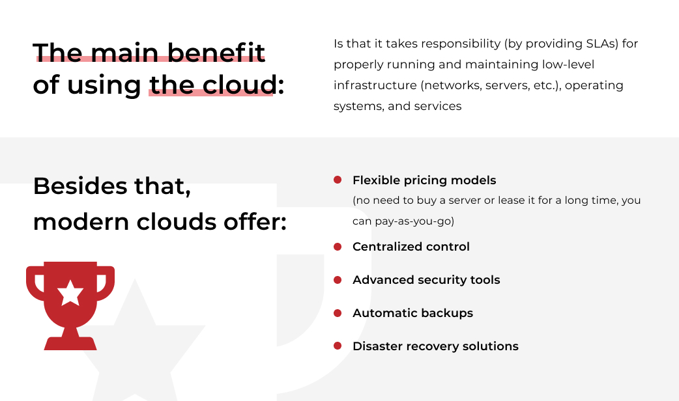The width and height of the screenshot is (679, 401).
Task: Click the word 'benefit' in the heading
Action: pyautogui.click(x=216, y=52)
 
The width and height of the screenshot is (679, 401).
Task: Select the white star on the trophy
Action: pyautogui.click(x=70, y=292)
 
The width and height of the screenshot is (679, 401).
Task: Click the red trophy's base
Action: pyautogui.click(x=70, y=343)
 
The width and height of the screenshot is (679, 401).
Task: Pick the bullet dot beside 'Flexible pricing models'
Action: pyautogui.click(x=338, y=180)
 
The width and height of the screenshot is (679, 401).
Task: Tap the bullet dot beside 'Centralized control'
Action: pyautogui.click(x=338, y=247)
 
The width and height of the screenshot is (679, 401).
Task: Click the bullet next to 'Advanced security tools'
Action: pyautogui.click(x=338, y=280)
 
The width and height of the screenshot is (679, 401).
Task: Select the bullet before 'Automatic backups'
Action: pyautogui.click(x=338, y=312)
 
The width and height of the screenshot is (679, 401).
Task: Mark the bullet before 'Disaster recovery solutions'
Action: pyautogui.click(x=338, y=346)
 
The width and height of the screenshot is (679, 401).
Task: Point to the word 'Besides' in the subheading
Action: pyautogui.click(x=80, y=186)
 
